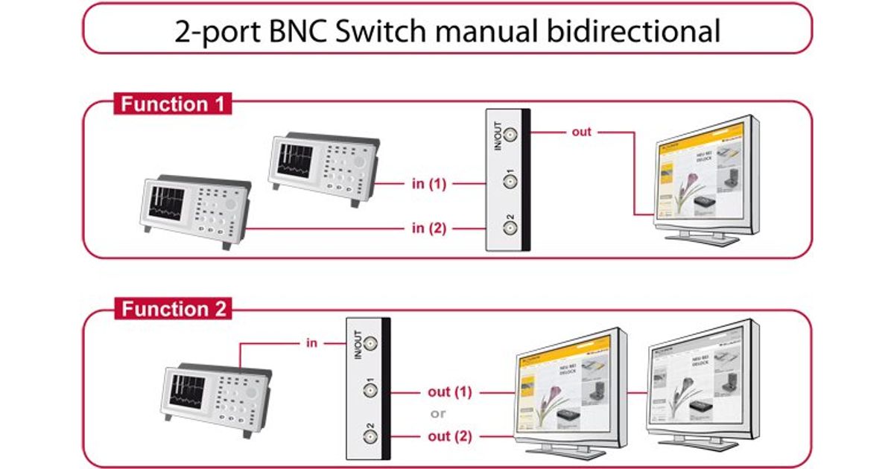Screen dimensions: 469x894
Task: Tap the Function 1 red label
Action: click(x=172, y=103)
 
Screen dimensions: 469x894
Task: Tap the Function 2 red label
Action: click(x=174, y=308)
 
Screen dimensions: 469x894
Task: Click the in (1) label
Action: click(x=428, y=183)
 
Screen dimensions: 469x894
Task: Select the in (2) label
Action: click(x=428, y=228)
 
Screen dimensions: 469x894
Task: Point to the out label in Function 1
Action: click(x=581, y=132)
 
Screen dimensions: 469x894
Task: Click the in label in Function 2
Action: click(x=312, y=342)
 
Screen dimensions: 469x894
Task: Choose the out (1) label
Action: click(x=450, y=392)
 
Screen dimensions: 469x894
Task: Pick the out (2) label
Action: click(x=450, y=435)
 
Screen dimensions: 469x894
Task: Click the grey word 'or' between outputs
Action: click(x=439, y=413)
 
